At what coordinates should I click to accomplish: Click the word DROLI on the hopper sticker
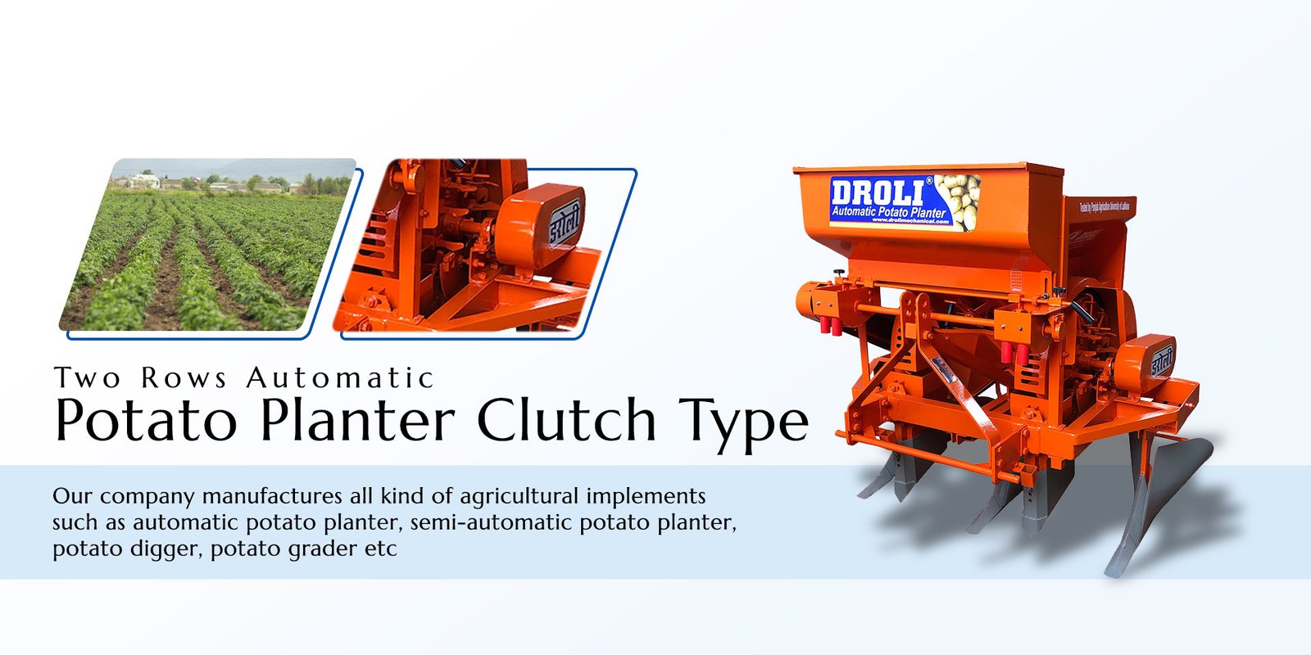coord(876,193)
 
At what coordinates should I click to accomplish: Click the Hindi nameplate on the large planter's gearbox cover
coord(1161,361)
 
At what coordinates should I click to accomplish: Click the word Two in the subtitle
coord(88,378)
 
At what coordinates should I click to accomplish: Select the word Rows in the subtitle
coord(184,378)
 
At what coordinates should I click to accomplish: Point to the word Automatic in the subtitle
coord(339,378)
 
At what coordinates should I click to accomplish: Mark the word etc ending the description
coord(380,549)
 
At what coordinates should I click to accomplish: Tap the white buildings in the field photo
coord(145,181)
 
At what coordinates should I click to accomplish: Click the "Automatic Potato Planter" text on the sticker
coord(888,212)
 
